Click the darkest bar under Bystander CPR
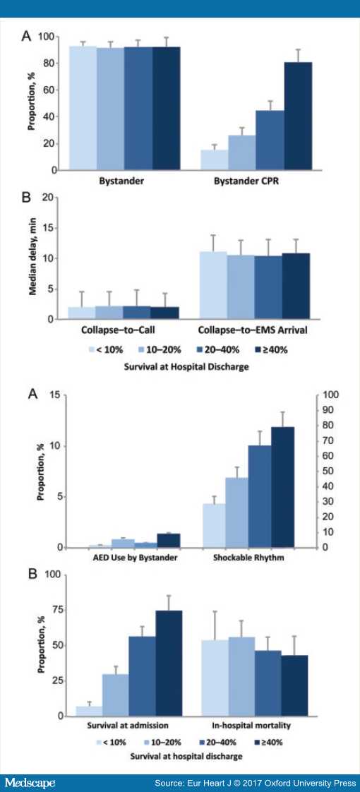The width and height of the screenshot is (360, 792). click(x=298, y=116)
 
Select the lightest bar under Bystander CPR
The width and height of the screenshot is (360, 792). click(x=215, y=160)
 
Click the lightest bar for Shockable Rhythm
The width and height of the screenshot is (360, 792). click(x=215, y=526)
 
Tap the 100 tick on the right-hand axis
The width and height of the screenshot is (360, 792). click(x=329, y=395)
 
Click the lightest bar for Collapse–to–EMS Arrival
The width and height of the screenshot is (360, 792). click(x=214, y=285)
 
